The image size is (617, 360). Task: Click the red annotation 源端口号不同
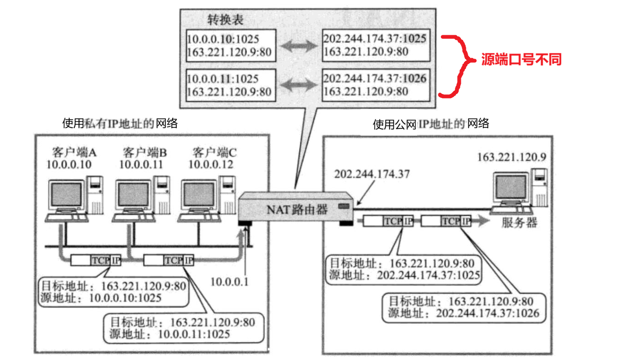pyautogui.click(x=521, y=60)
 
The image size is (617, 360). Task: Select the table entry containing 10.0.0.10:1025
pyautogui.click(x=229, y=46)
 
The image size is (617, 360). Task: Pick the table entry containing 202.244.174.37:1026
pyautogui.click(x=376, y=85)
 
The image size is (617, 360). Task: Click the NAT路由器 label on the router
pyautogui.click(x=297, y=210)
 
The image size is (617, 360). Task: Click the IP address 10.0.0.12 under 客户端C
pyautogui.click(x=211, y=164)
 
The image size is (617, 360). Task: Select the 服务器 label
pyautogui.click(x=519, y=224)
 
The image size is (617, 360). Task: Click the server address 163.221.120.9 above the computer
pyautogui.click(x=512, y=157)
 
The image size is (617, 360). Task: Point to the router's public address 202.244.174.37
pyautogui.click(x=372, y=174)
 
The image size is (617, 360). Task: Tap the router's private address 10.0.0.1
pyautogui.click(x=229, y=282)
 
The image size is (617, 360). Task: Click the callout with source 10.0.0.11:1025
pyautogui.click(x=183, y=328)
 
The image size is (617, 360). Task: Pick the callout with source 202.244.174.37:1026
pyautogui.click(x=464, y=307)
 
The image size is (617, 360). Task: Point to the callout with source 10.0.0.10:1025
pyautogui.click(x=114, y=292)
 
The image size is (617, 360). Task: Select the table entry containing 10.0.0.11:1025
pyautogui.click(x=229, y=85)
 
